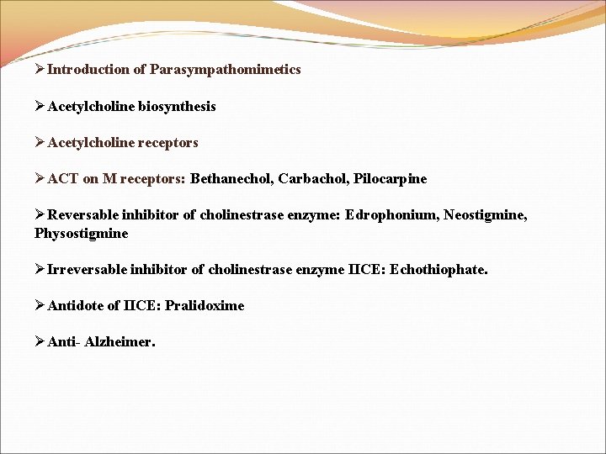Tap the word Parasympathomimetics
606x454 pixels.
(x=225, y=70)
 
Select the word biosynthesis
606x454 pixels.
(x=177, y=107)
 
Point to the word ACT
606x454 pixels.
(x=63, y=179)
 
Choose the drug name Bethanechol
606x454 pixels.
(x=231, y=179)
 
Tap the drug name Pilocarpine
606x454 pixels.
(x=391, y=179)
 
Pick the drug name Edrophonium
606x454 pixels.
(x=387, y=215)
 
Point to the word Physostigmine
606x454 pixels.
(x=82, y=233)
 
